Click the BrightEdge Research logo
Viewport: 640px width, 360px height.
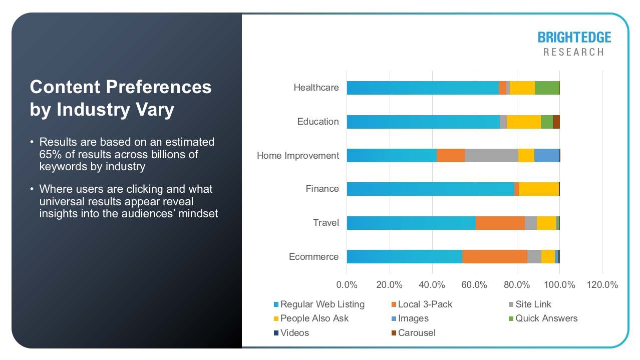(x=574, y=44)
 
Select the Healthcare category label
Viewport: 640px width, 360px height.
(x=316, y=88)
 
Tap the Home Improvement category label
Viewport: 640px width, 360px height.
(x=297, y=156)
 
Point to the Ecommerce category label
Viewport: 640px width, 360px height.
(x=313, y=257)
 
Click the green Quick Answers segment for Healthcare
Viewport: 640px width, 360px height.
(x=547, y=88)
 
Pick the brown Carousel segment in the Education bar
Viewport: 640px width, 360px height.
(x=556, y=122)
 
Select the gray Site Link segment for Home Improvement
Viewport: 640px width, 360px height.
(x=491, y=156)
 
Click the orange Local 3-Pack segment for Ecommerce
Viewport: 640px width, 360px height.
(x=494, y=257)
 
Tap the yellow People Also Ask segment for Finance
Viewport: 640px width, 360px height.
(x=538, y=189)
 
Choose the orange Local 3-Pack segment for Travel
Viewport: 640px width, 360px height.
(x=500, y=223)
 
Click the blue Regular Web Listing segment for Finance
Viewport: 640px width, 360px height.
(x=430, y=189)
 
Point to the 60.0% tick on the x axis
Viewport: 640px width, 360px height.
(x=474, y=285)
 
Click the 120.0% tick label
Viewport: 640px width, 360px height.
(x=601, y=285)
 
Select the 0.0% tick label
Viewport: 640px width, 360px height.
(x=347, y=285)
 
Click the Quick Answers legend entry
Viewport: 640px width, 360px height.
(x=546, y=318)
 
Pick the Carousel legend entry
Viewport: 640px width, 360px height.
(x=416, y=333)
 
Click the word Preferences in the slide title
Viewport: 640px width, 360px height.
(x=158, y=87)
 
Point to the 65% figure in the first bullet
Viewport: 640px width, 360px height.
(x=49, y=154)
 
